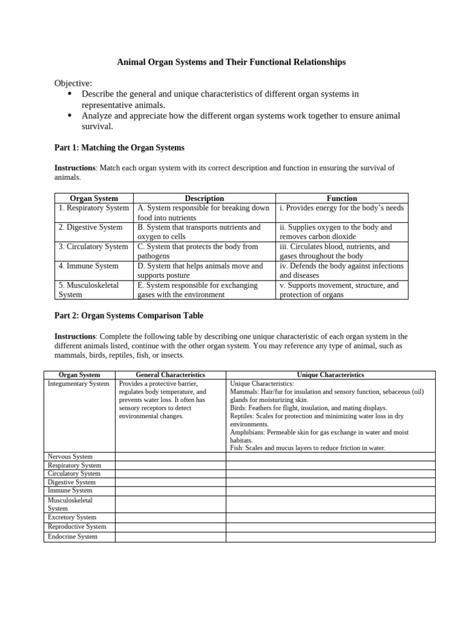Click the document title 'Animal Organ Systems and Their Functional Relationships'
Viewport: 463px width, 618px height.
pyautogui.click(x=231, y=62)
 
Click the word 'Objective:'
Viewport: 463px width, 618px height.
pyautogui.click(x=73, y=83)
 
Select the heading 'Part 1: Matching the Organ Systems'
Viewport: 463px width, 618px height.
pyautogui.click(x=119, y=147)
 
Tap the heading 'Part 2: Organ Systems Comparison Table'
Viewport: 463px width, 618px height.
pyautogui.click(x=129, y=315)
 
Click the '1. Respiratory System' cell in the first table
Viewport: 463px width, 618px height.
pyautogui.click(x=93, y=208)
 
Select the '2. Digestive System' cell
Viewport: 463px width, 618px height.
pyautogui.click(x=90, y=228)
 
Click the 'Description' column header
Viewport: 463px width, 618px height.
pyautogui.click(x=204, y=198)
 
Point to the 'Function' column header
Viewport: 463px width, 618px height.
pyautogui.click(x=342, y=198)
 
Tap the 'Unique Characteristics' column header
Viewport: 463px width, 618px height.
pyautogui.click(x=330, y=375)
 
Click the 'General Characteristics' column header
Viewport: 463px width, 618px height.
pyautogui.click(x=170, y=375)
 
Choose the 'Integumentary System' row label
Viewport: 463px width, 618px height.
pyautogui.click(x=78, y=384)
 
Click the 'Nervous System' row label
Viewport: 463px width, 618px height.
pyautogui.click(x=70, y=457)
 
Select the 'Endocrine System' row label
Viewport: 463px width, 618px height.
pyautogui.click(x=72, y=537)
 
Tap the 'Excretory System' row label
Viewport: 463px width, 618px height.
pyautogui.click(x=72, y=517)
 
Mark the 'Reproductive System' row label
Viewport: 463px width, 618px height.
pyautogui.click(x=77, y=527)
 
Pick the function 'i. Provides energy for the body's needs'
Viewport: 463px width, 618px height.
pyautogui.click(x=341, y=208)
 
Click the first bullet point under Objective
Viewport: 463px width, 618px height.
pyautogui.click(x=70, y=94)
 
